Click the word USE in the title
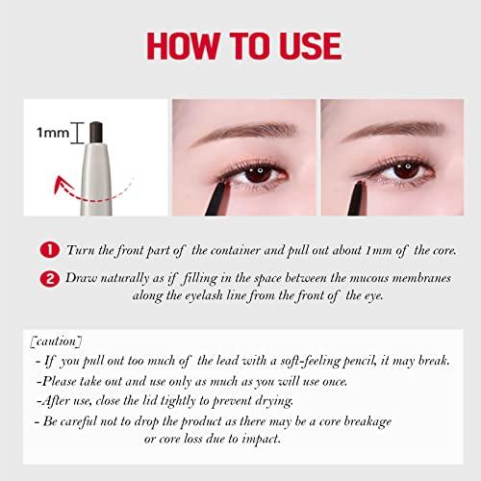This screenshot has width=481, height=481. tap(310, 46)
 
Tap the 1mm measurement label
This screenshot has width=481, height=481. tap(53, 133)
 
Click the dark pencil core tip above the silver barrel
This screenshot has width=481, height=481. tap(96, 133)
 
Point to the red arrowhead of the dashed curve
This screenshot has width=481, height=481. tap(62, 185)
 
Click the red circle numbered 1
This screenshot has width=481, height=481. tap(50, 250)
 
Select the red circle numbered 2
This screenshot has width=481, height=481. tap(50, 279)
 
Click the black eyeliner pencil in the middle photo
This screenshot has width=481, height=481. tap(217, 199)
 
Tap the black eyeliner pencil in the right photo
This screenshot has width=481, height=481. tap(356, 199)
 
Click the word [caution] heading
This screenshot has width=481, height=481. tap(56, 342)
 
